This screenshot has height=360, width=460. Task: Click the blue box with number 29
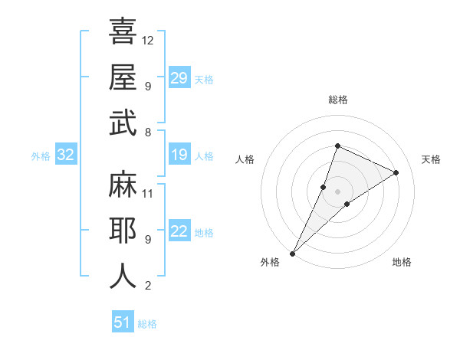179,78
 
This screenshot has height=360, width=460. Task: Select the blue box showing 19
179,155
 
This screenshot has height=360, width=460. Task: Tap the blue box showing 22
179,231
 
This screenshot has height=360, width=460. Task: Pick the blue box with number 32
66,155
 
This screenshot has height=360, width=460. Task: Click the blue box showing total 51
123,322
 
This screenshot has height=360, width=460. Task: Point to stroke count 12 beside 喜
149,40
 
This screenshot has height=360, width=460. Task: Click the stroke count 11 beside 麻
149,193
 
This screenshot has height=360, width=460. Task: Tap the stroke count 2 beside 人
148,286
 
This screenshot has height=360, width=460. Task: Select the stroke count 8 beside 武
148,132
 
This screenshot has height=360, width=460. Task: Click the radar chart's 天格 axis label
431,159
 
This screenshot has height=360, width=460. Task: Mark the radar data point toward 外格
292,253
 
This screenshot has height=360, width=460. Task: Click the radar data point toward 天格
396,172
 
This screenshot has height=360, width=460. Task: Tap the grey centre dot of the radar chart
337,191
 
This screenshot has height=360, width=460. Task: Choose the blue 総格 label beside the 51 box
147,324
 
